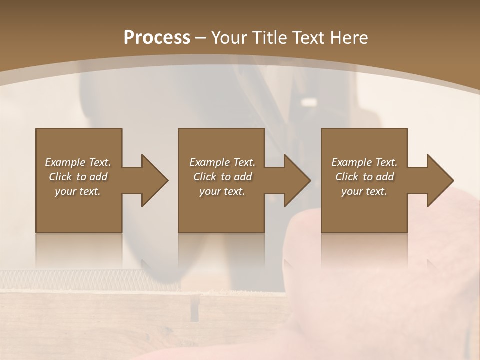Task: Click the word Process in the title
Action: [x=157, y=38]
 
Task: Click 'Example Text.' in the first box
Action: [x=78, y=162]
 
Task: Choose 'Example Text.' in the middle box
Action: [x=222, y=162]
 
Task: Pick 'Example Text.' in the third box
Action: [x=364, y=162]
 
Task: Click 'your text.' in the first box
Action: [x=78, y=191]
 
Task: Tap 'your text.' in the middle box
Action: [x=222, y=191]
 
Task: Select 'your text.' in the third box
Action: [x=364, y=191]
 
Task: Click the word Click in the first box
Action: [x=60, y=177]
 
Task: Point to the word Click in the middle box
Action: [x=205, y=177]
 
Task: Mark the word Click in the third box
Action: [x=347, y=177]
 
